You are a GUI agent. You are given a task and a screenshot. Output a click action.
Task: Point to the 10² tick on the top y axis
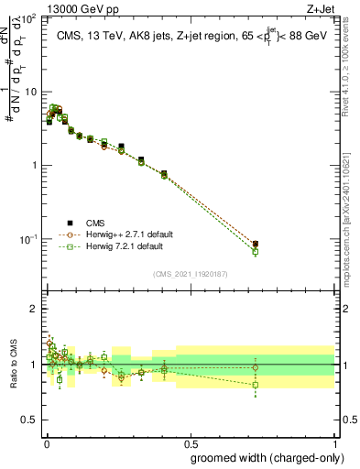pyautogui.click(x=29, y=18)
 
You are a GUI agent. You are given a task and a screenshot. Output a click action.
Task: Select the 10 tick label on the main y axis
pyautogui.click(x=31, y=92)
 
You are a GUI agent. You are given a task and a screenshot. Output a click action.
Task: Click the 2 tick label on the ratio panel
pyautogui.click(x=35, y=309)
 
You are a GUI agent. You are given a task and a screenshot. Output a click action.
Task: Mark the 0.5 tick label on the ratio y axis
pyautogui.click(x=31, y=420)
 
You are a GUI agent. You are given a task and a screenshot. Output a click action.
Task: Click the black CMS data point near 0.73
pyautogui.click(x=256, y=244)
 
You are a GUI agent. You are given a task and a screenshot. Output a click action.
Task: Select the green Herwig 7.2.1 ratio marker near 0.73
pyautogui.click(x=256, y=385)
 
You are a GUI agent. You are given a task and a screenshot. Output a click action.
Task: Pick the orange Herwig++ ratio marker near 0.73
pyautogui.click(x=256, y=367)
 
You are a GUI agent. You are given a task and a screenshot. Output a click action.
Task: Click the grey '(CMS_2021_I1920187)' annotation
pyautogui.click(x=190, y=272)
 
